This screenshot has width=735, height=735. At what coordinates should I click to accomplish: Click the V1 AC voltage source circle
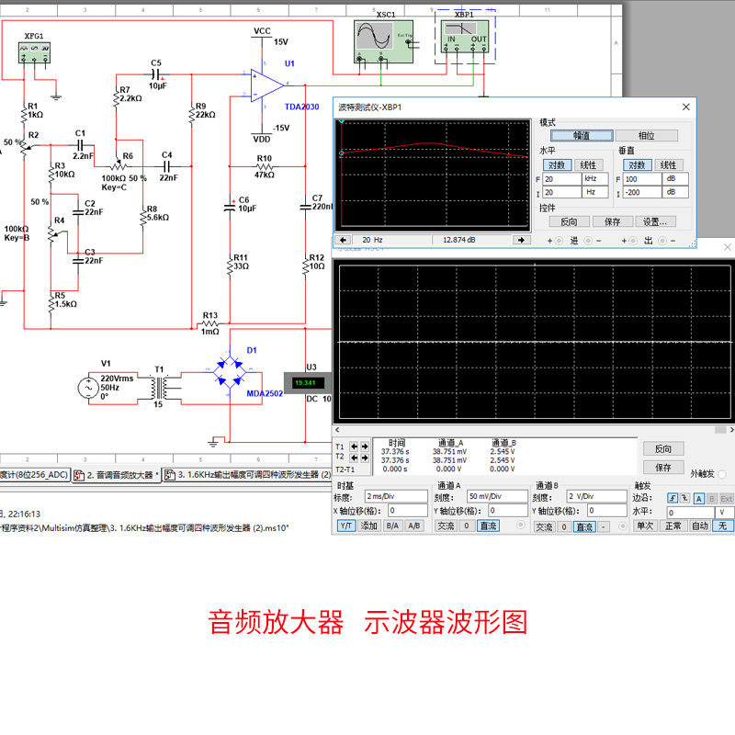click(93, 388)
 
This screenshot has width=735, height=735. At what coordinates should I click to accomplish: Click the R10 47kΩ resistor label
click(265, 166)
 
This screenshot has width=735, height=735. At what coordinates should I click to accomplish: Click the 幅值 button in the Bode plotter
click(581, 135)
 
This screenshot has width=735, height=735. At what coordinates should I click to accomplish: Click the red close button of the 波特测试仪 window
click(684, 107)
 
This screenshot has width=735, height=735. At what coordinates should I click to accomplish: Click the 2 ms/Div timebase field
click(396, 496)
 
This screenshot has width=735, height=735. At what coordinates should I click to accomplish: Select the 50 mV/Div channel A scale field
click(495, 496)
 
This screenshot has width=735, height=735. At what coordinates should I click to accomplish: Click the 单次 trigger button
click(644, 526)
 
